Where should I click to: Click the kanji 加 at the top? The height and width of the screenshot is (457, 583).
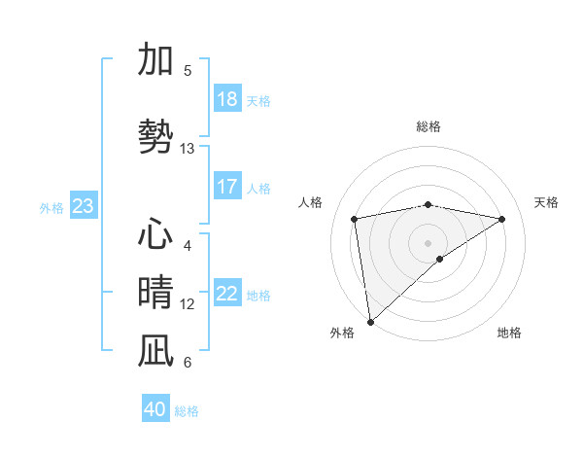point(155,59)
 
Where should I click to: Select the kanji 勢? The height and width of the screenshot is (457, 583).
point(155,137)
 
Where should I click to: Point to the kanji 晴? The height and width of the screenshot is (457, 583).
point(155,293)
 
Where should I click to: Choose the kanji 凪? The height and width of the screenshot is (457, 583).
point(155,351)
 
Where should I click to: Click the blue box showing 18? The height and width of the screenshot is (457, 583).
point(226,99)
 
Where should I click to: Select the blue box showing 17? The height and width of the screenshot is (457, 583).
point(226,187)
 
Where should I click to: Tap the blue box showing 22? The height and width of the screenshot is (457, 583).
point(226,294)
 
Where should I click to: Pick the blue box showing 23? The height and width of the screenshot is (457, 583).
point(83,206)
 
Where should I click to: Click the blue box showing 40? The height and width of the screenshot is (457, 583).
point(155,409)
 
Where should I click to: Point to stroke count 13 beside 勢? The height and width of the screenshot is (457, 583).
point(188,149)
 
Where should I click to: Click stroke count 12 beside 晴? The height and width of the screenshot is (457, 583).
point(188,304)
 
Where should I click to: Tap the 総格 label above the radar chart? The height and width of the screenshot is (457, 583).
point(428,126)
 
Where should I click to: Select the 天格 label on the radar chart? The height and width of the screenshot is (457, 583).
point(546,202)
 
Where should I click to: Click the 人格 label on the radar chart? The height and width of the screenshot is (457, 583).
point(311,202)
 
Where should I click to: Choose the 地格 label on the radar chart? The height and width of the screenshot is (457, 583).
point(509,333)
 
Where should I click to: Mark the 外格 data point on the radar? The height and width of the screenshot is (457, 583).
point(369,321)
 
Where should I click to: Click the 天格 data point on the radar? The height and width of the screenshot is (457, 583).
point(502,219)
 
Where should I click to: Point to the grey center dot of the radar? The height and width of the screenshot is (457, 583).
point(428,242)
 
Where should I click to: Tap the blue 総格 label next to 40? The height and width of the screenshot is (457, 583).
point(187,411)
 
